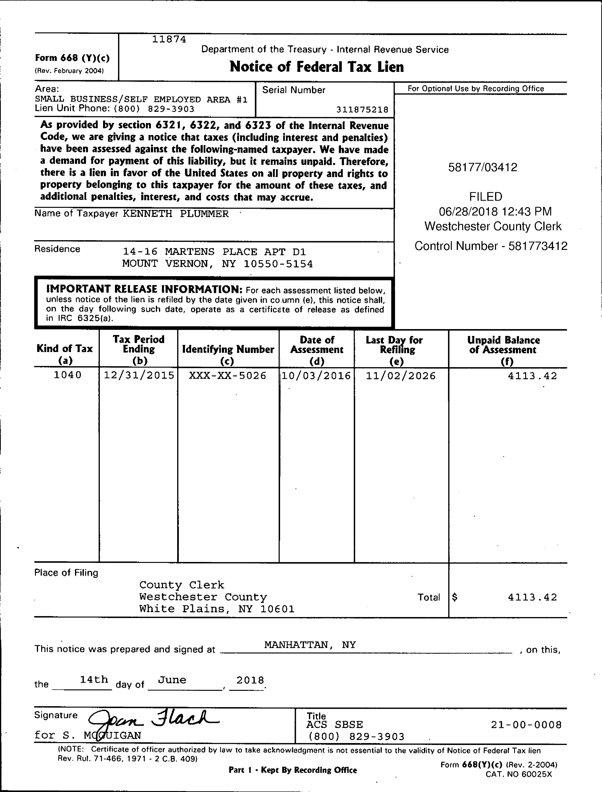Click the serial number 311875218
(x=362, y=109)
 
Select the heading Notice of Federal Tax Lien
(x=316, y=67)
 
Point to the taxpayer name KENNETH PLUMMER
(x=176, y=214)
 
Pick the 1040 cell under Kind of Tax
(x=67, y=375)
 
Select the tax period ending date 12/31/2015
(x=139, y=375)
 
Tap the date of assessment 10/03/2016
(x=316, y=376)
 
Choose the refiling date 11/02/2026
(x=401, y=376)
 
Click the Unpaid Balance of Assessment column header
(x=503, y=350)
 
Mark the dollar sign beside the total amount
(x=455, y=597)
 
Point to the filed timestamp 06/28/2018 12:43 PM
(x=495, y=212)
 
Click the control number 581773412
(x=537, y=246)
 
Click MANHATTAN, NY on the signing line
(x=310, y=645)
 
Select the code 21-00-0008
(x=526, y=725)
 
